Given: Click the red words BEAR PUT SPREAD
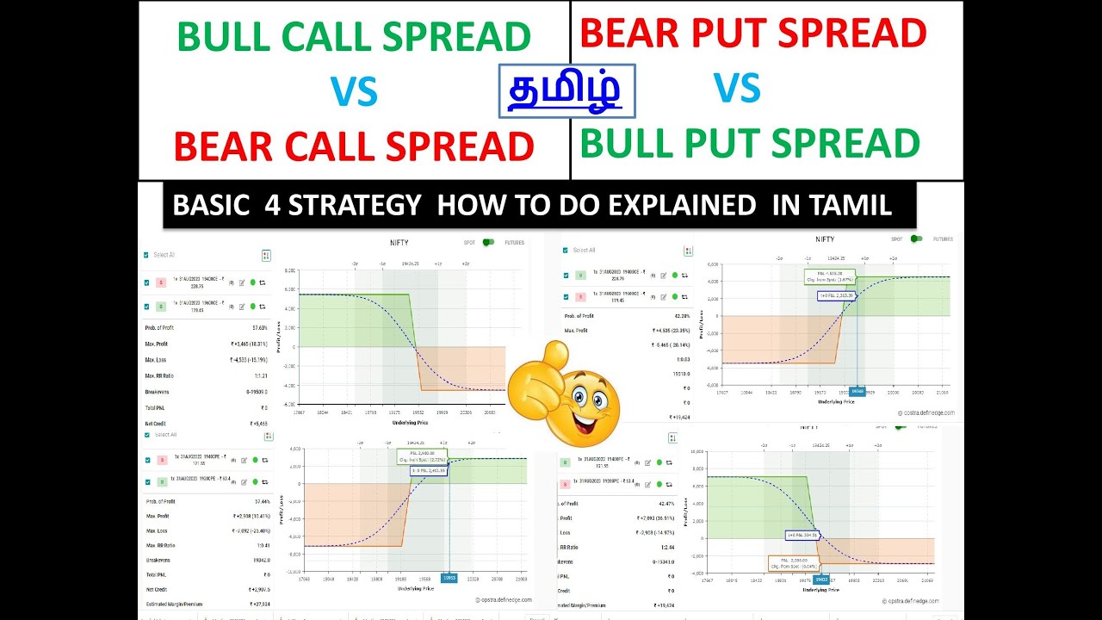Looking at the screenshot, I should point(753,34).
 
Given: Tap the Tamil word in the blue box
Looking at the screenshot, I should point(566,91).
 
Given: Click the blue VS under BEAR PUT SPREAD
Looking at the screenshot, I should point(736,89).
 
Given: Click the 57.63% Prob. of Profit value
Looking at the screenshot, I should point(258,328).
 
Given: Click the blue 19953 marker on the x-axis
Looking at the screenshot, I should point(449,579).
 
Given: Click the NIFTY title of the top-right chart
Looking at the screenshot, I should point(824,239).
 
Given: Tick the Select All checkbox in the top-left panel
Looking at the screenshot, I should point(147,255).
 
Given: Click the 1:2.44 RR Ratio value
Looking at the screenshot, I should point(667,547).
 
